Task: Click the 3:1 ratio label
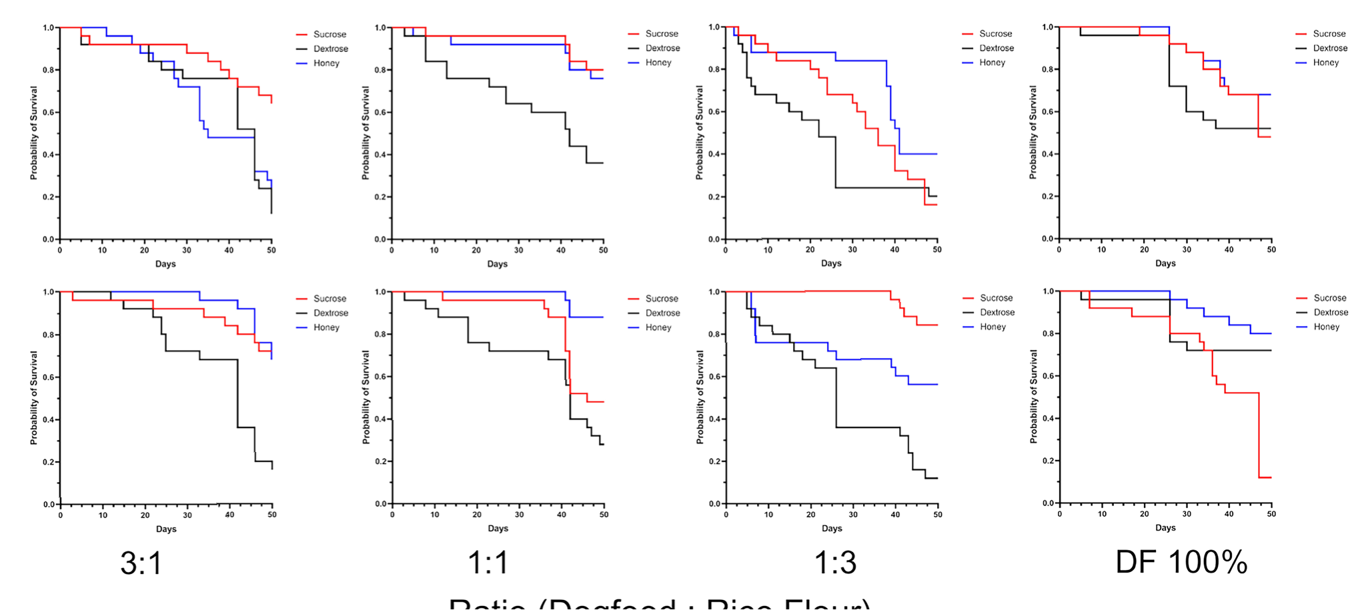(x=141, y=563)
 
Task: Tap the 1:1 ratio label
(x=488, y=563)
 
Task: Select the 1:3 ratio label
(x=835, y=563)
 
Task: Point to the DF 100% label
(x=1181, y=563)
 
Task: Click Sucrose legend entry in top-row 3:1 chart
(x=329, y=35)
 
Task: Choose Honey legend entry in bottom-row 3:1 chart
(x=326, y=328)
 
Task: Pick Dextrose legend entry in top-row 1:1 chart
(x=662, y=49)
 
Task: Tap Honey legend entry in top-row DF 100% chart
(x=1325, y=63)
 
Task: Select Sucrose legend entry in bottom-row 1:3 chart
(x=996, y=298)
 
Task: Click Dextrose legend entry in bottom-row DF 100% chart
(x=1331, y=313)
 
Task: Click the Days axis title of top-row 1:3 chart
(x=831, y=263)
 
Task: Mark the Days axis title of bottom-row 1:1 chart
(x=498, y=529)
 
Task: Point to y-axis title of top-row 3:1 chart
(x=33, y=133)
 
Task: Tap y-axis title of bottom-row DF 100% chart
(x=1033, y=396)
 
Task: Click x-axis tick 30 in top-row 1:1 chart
(x=518, y=250)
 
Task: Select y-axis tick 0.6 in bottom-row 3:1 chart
(x=49, y=377)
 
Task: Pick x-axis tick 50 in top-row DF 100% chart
(x=1271, y=249)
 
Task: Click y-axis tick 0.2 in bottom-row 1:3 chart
(x=714, y=461)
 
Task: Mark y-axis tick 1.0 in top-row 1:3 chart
(x=714, y=27)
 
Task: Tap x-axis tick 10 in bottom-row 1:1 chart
(x=435, y=515)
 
